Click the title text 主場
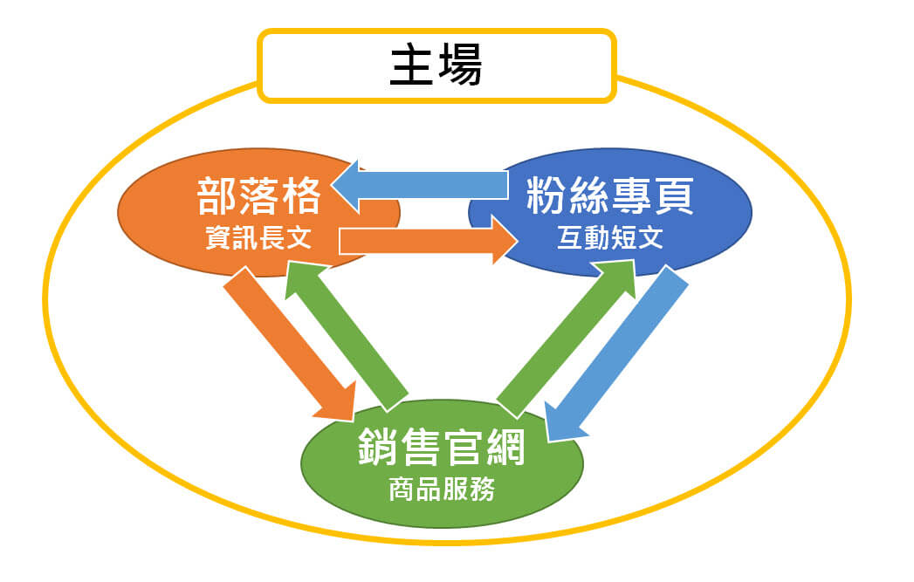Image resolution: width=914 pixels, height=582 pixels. (x=436, y=65)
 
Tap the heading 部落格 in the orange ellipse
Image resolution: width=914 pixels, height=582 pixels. (x=259, y=196)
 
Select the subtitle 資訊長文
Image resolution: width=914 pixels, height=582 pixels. (x=258, y=238)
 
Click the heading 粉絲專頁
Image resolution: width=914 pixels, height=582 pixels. (x=610, y=196)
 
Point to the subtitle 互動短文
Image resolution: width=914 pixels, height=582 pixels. (x=610, y=238)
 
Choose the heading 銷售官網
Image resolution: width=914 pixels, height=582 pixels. (x=443, y=449)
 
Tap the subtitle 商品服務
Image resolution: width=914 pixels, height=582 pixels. (x=442, y=490)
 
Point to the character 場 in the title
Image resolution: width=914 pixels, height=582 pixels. (x=459, y=65)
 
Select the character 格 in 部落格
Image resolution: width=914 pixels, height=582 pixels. (x=300, y=196)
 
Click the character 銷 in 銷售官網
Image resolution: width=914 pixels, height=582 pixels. (x=380, y=449)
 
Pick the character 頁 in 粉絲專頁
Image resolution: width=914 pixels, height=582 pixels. (x=673, y=196)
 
